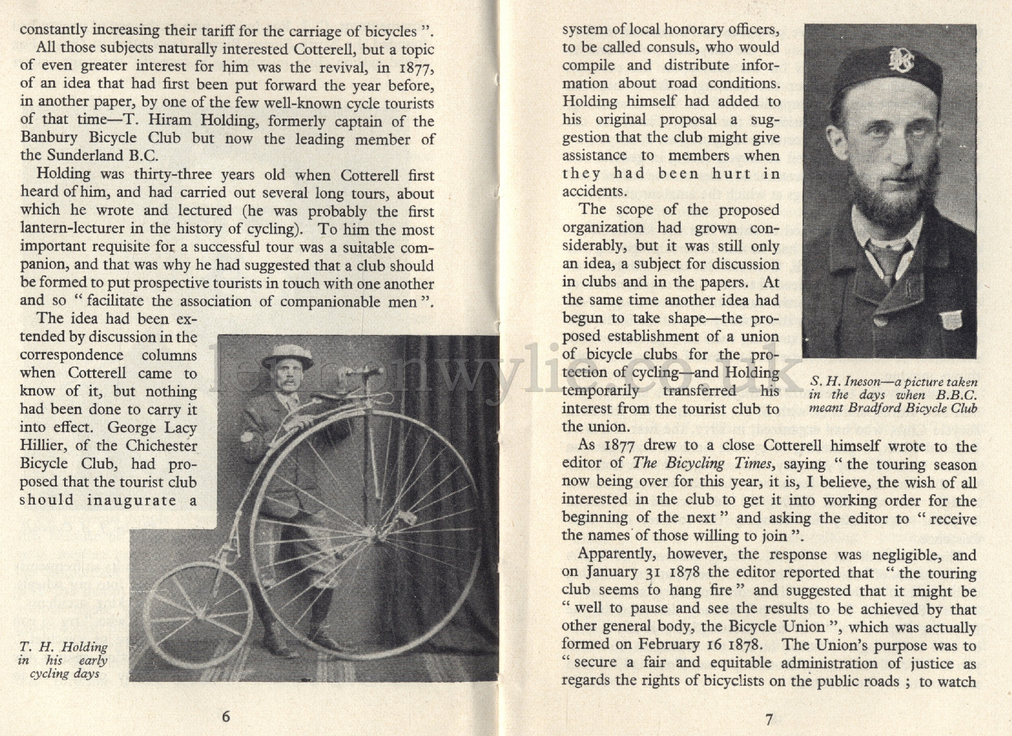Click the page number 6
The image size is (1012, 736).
tap(226, 716)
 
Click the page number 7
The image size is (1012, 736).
tap(769, 719)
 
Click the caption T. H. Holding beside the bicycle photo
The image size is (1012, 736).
tap(64, 647)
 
